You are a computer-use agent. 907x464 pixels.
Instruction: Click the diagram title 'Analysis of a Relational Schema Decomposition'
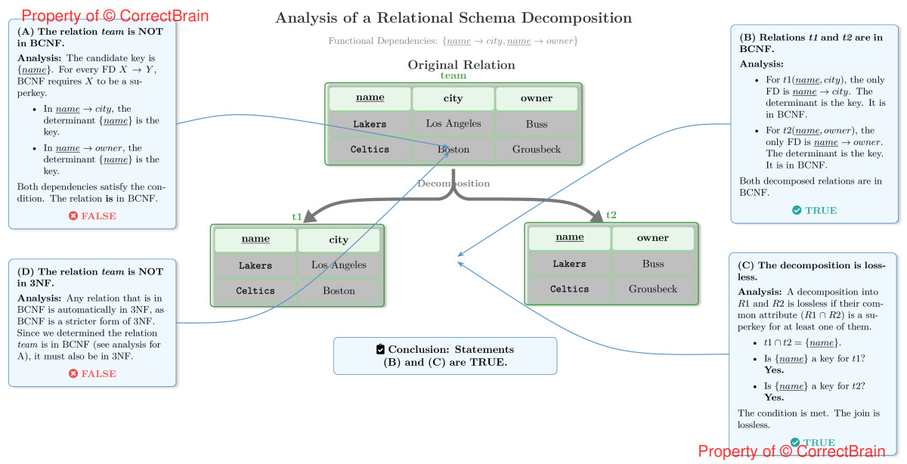pyautogui.click(x=453, y=18)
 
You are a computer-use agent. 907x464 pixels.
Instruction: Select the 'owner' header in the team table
pyautogui.click(x=537, y=98)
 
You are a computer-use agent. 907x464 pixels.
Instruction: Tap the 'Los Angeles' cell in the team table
pyautogui.click(x=453, y=124)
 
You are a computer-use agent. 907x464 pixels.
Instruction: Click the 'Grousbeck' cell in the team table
pyautogui.click(x=537, y=150)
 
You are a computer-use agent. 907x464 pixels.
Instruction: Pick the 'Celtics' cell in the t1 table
pyautogui.click(x=255, y=291)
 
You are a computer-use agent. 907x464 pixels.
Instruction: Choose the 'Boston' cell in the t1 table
pyautogui.click(x=339, y=291)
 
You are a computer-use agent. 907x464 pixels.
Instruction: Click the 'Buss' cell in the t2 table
pyautogui.click(x=653, y=264)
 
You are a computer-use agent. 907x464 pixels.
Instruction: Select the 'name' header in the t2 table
pyautogui.click(x=569, y=237)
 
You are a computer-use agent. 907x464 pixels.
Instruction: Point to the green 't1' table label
pyautogui.click(x=297, y=217)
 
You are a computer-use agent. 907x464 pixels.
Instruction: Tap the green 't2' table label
pyautogui.click(x=611, y=215)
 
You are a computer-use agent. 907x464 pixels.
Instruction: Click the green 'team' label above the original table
pyautogui.click(x=453, y=76)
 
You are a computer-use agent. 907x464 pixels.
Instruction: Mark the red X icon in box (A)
pyautogui.click(x=73, y=216)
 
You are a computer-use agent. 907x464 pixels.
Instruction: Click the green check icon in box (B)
pyautogui.click(x=797, y=210)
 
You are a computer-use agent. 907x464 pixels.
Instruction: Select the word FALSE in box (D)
pyautogui.click(x=99, y=373)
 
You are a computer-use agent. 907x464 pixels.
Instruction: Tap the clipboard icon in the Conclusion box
pyautogui.click(x=380, y=349)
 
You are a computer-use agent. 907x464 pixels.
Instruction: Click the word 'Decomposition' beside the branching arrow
pyautogui.click(x=453, y=184)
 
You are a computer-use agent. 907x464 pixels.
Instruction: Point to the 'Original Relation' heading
pyautogui.click(x=461, y=65)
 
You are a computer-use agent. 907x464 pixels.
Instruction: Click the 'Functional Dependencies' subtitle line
pyautogui.click(x=453, y=41)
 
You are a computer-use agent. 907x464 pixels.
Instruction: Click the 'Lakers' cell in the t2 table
pyautogui.click(x=569, y=264)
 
